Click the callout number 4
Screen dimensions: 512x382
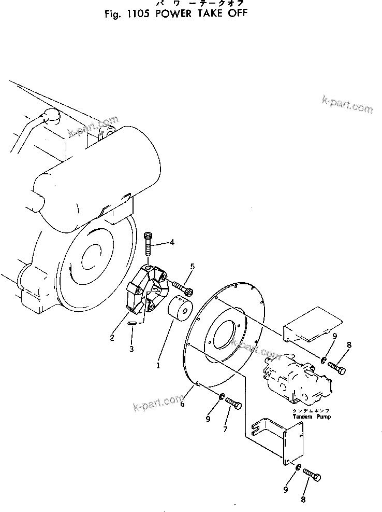click(x=172, y=242)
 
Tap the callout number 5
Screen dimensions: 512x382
click(x=192, y=267)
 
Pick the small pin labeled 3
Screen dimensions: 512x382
click(x=131, y=324)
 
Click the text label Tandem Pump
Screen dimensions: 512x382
click(x=311, y=416)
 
